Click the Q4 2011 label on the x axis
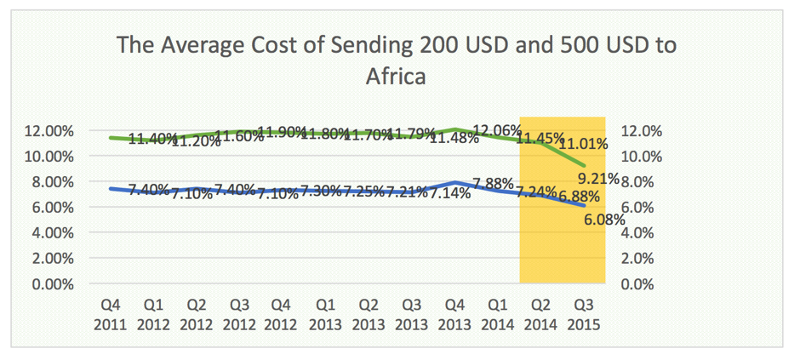point(111,314)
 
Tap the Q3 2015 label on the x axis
point(583,314)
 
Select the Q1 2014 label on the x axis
point(497,314)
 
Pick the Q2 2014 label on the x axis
point(540,314)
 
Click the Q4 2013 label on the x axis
point(454,314)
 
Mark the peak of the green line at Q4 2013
point(454,129)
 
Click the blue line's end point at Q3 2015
point(583,206)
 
